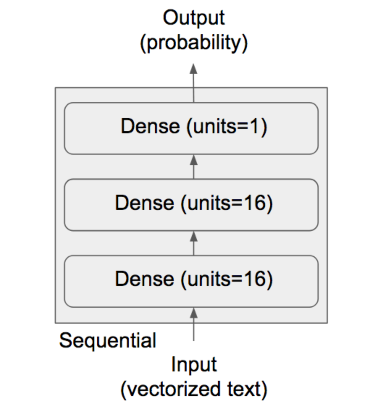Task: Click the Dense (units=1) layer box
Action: tap(191, 128)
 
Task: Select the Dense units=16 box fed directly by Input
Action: tap(191, 281)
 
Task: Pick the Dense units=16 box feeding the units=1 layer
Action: tap(191, 205)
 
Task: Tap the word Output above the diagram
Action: tap(194, 18)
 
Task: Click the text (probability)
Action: tap(194, 43)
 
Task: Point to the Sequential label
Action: tap(108, 341)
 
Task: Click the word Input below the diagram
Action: tap(194, 365)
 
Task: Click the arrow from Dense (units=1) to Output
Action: tap(194, 83)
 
